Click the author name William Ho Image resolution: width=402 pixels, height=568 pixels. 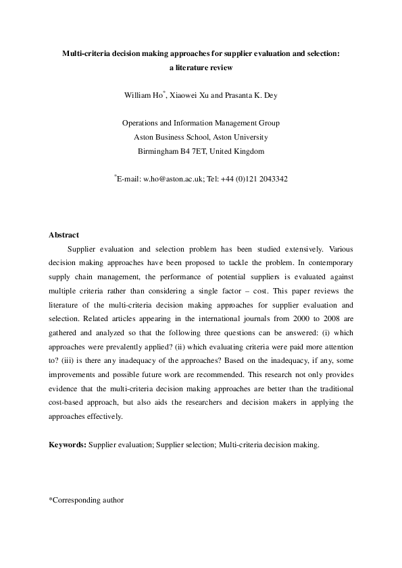coord(142,96)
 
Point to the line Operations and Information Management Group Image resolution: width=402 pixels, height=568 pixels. coord(201,123)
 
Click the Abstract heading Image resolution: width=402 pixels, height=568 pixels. coord(64,235)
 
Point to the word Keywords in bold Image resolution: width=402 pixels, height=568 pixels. coord(67,445)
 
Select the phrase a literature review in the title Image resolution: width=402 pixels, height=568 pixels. coord(201,67)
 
